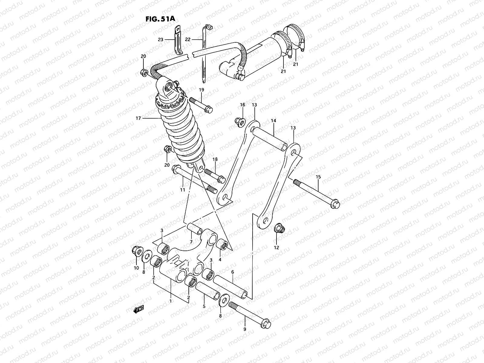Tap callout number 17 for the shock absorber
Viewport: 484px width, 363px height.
[x=138, y=118]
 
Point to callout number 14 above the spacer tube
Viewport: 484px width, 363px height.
[x=273, y=121]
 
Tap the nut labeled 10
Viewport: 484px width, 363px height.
[x=136, y=251]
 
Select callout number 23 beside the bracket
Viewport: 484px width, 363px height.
[x=160, y=40]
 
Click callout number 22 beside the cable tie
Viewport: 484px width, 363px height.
[x=188, y=40]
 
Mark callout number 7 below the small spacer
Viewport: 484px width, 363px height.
[x=191, y=242]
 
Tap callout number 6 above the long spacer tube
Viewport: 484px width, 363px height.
[x=232, y=272]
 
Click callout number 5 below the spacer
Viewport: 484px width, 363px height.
[x=204, y=306]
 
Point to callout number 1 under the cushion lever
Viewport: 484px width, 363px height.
[x=171, y=301]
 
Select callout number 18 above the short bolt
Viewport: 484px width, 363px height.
[x=215, y=159]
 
